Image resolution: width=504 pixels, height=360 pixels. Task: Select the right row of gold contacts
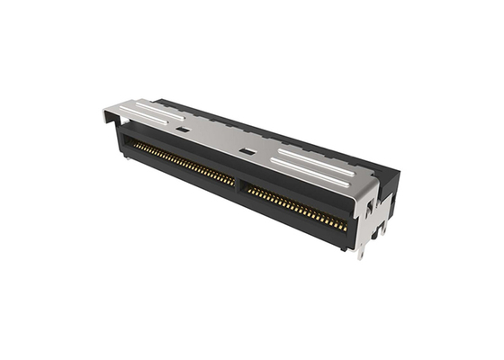coord(297,209)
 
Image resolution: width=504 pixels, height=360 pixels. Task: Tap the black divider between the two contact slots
coord(239,185)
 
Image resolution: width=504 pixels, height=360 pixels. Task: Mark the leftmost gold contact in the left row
coord(135,145)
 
